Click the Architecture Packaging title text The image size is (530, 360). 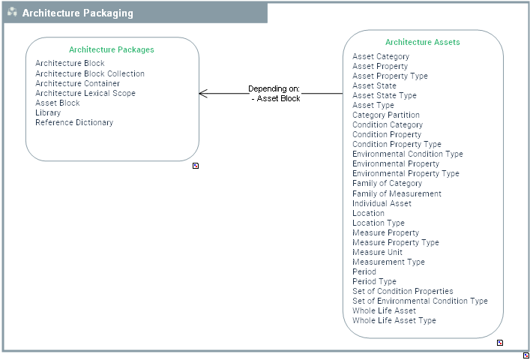point(78,13)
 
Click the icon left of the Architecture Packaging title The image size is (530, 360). point(12,13)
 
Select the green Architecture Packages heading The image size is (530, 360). point(112,49)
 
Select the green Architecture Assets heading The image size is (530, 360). point(423,43)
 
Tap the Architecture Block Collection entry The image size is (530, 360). point(90,73)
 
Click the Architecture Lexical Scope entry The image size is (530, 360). point(85,93)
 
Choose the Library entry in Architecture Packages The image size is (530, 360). point(48,112)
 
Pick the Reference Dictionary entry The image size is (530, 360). point(74,122)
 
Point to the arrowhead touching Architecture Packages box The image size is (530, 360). point(202,94)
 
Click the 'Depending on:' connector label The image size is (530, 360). point(274,88)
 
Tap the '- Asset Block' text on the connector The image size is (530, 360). point(276,98)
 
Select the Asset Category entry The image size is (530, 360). point(381,56)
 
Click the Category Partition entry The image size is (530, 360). point(386,115)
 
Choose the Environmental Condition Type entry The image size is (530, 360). point(408,154)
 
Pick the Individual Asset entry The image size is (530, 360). point(382,203)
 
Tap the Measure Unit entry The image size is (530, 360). point(377,252)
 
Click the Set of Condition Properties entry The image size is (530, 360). point(403,291)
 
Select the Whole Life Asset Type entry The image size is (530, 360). point(394,320)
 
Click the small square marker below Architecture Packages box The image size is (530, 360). point(196,166)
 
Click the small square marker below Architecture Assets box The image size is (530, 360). point(500,343)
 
